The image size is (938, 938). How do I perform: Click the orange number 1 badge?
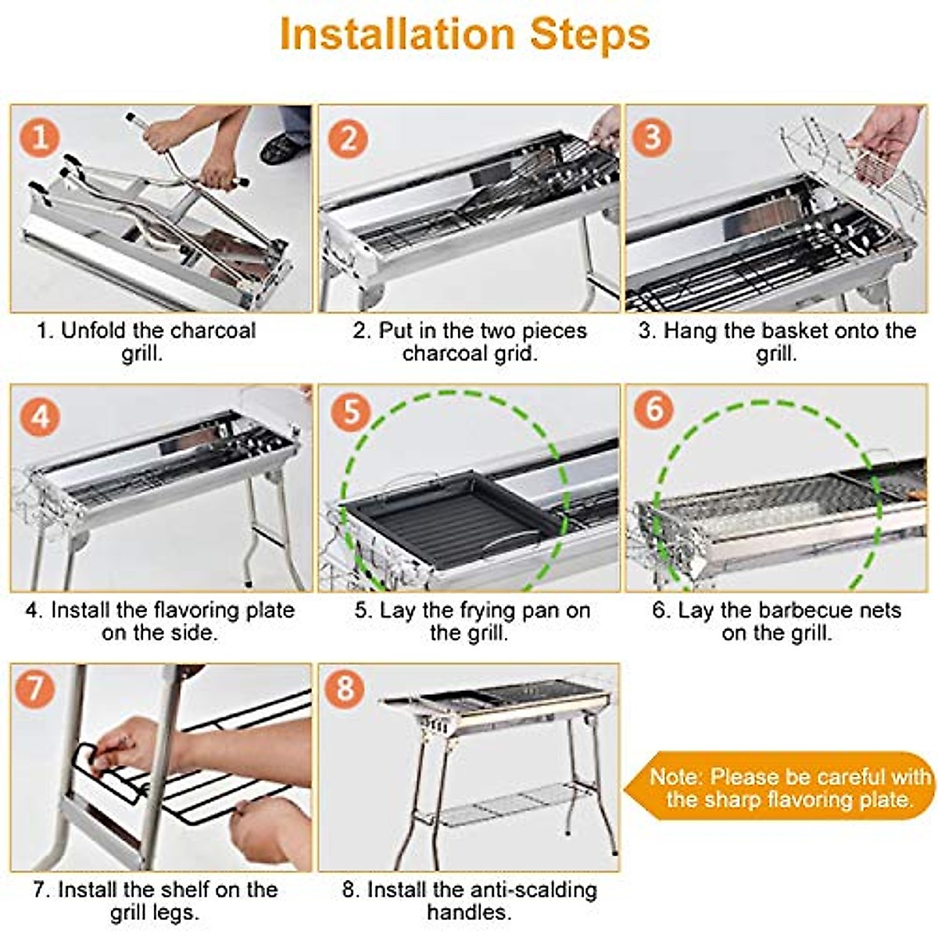click(39, 138)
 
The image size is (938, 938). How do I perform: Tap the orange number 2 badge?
click(348, 138)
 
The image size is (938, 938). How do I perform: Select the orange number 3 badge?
click(652, 137)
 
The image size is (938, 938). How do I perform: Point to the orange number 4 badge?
click(40, 417)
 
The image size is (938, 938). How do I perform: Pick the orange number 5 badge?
click(351, 412)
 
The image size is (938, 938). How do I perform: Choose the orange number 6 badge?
click(653, 408)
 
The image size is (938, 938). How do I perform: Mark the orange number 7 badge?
click(34, 689)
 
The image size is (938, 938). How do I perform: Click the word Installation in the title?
click(398, 34)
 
